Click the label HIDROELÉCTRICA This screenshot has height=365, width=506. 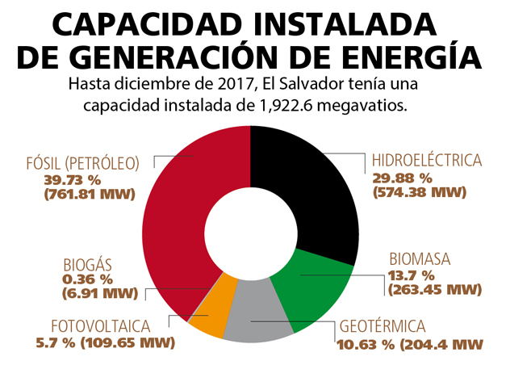click(426, 162)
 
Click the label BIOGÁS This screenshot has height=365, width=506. click(87, 264)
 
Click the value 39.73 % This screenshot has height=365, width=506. click(72, 178)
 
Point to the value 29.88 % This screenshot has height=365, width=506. click(402, 178)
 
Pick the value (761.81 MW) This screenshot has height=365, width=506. click(90, 194)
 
